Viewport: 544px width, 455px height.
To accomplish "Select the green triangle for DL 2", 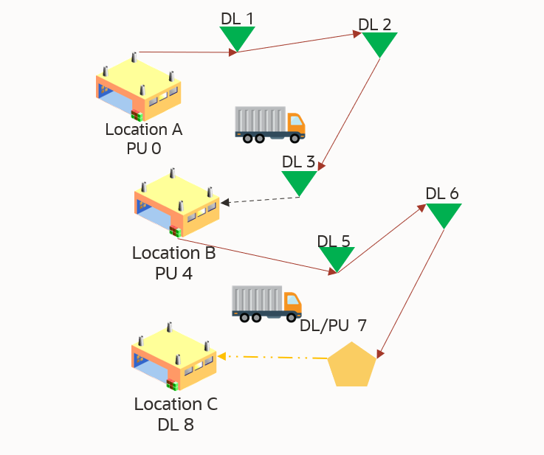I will coord(380,43).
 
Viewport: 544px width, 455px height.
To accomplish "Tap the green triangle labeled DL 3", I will coord(299,181).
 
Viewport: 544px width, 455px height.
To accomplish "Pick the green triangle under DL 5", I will coord(337,257).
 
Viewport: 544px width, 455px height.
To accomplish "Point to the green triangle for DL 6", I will coord(444,214).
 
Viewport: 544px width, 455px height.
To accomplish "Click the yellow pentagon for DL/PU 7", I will coord(352,365).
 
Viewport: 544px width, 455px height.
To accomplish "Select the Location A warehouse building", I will coord(138,87).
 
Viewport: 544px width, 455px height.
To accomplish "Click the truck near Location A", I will coord(269,124).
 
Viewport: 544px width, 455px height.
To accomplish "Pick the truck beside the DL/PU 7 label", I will coord(266,303).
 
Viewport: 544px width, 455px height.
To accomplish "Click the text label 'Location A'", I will coord(144,130).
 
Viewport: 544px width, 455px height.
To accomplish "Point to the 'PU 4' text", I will coord(173,273).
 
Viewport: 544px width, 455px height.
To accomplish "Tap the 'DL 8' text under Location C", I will coord(176,424).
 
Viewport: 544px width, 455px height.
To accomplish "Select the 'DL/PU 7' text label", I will coord(333,324).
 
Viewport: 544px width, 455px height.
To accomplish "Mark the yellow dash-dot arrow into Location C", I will coord(273,358).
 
